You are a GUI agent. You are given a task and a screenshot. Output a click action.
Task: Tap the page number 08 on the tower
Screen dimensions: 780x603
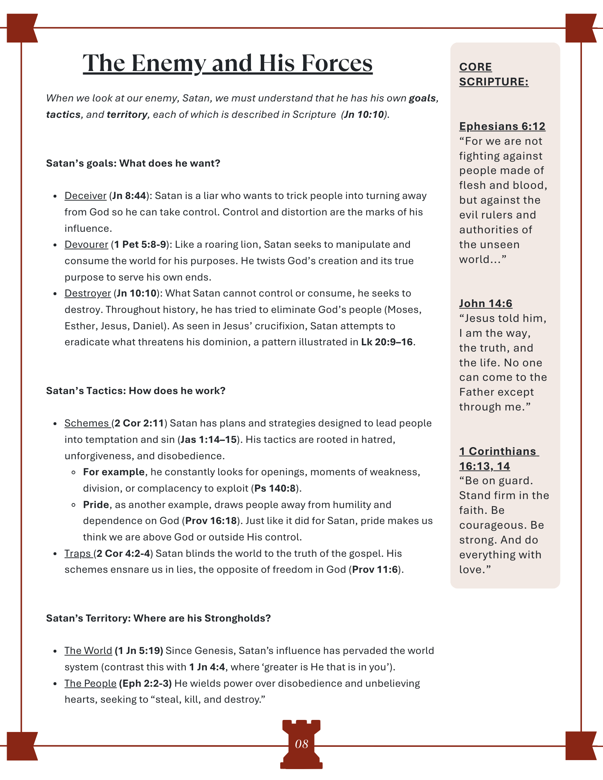point(301,744)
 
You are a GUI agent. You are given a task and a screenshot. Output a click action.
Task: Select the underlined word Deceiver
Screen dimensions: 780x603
point(85,196)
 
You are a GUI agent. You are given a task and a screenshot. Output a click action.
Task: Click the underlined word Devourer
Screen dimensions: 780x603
point(86,245)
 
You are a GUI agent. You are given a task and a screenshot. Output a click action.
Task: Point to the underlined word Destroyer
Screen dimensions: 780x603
point(88,293)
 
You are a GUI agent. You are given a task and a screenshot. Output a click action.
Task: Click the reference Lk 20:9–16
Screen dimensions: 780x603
point(386,342)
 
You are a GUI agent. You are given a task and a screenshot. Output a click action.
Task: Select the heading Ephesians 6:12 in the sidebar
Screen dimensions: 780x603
point(502,126)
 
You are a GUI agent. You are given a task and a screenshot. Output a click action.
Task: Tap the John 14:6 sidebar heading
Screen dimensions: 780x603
point(486,304)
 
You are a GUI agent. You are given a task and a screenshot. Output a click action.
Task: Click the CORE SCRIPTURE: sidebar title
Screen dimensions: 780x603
point(493,74)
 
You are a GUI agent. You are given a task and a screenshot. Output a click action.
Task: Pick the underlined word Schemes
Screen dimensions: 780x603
point(87,423)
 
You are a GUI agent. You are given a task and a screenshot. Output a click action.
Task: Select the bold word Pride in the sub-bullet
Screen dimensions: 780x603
point(96,505)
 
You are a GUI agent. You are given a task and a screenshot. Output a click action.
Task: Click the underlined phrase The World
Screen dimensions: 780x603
point(88,651)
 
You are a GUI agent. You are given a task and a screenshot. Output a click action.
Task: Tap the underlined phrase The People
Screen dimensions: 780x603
point(91,684)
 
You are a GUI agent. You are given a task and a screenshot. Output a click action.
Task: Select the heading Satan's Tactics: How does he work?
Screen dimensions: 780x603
point(136,391)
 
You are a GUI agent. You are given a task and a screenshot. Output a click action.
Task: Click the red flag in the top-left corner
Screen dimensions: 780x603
point(22,28)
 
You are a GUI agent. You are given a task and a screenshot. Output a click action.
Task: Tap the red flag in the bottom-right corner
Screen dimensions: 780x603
point(581,746)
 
